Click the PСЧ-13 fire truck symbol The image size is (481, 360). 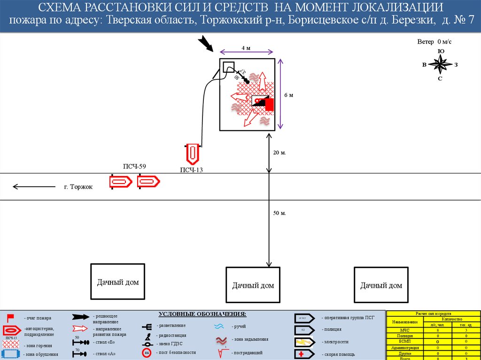coord(193,153)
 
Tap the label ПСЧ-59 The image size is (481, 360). coord(134,166)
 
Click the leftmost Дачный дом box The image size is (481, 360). coord(118,282)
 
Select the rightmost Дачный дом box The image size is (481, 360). coord(381,285)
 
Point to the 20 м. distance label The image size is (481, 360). coord(280,153)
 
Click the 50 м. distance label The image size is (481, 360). coord(280,213)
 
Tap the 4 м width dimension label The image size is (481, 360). coord(246,48)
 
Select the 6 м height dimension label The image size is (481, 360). coord(288,95)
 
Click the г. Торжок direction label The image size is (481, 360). coord(78,187)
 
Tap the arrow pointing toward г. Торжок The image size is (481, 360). coord(35,187)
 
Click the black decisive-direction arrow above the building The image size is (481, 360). coord(205,43)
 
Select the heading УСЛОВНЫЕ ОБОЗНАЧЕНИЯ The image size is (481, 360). coord(202,314)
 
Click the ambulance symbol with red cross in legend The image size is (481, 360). coord(304,354)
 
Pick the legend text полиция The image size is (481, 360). coord(332,330)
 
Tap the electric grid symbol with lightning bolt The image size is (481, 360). coord(304,342)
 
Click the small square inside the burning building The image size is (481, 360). coord(228,66)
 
